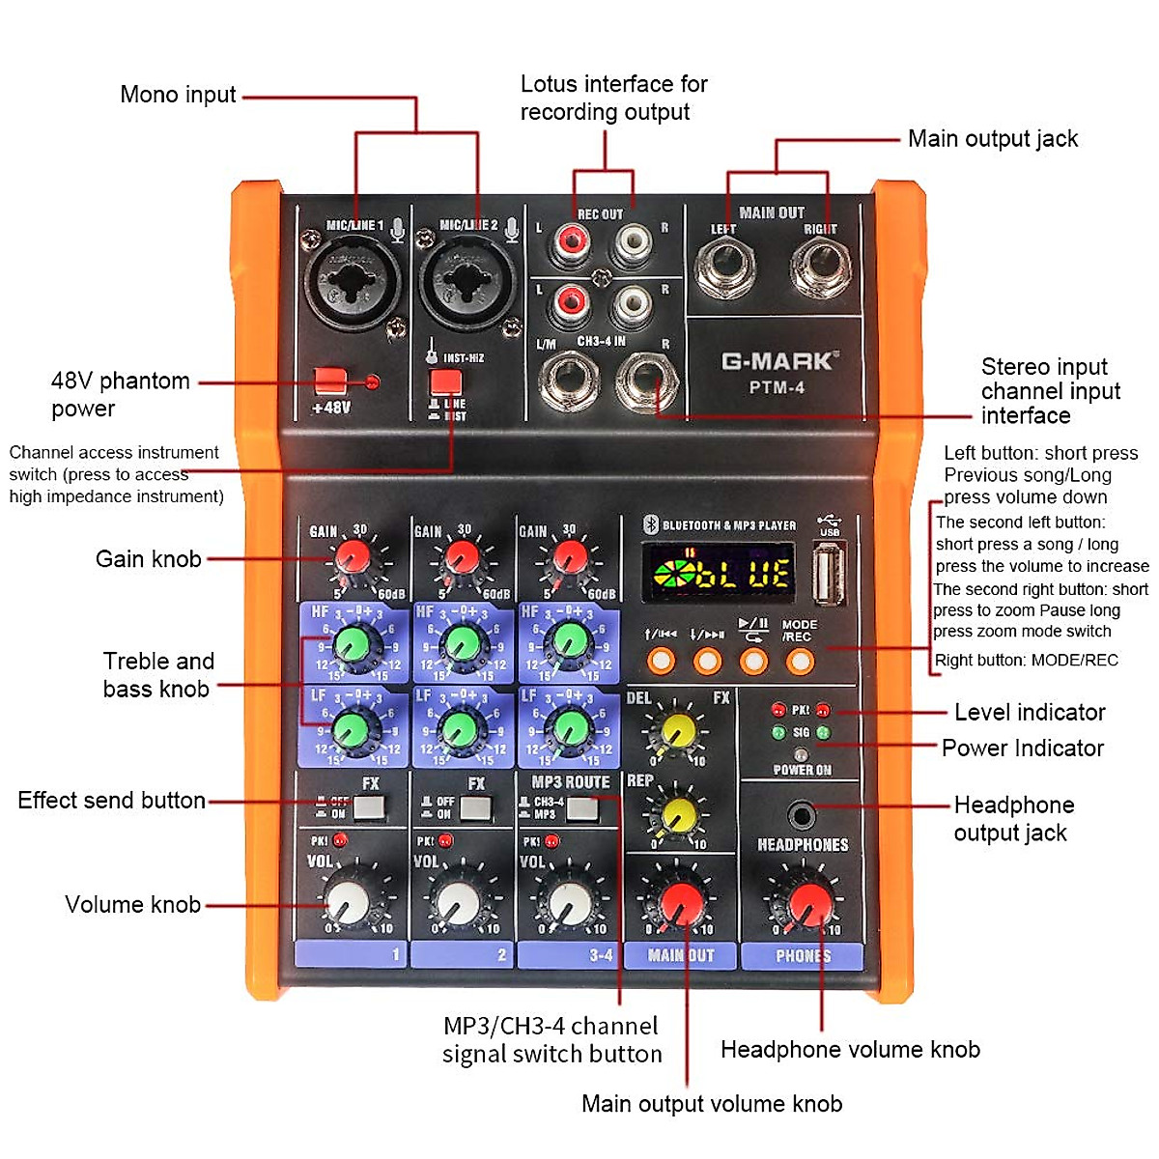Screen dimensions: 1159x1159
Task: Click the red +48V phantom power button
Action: tap(330, 380)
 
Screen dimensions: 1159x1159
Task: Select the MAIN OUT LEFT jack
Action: tap(725, 266)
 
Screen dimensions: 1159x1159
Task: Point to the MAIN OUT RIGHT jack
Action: tap(822, 266)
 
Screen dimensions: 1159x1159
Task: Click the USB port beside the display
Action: tap(829, 573)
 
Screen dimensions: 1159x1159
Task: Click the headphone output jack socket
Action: tap(801, 815)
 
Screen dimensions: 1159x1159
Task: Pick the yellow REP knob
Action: tap(678, 817)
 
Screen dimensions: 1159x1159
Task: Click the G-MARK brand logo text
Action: tap(777, 362)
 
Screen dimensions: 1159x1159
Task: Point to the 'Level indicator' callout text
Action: tap(1030, 713)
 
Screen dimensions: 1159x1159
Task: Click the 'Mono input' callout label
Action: tap(178, 95)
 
